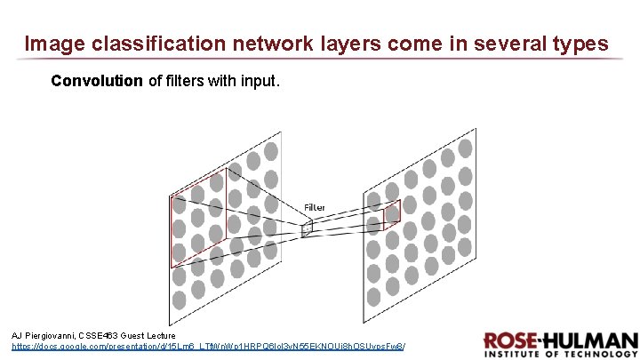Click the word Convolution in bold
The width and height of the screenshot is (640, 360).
(x=97, y=82)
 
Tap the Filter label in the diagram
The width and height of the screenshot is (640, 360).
(x=315, y=207)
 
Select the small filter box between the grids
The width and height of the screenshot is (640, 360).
(x=307, y=228)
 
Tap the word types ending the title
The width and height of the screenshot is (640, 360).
(x=580, y=44)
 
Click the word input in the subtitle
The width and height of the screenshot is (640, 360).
(x=261, y=82)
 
